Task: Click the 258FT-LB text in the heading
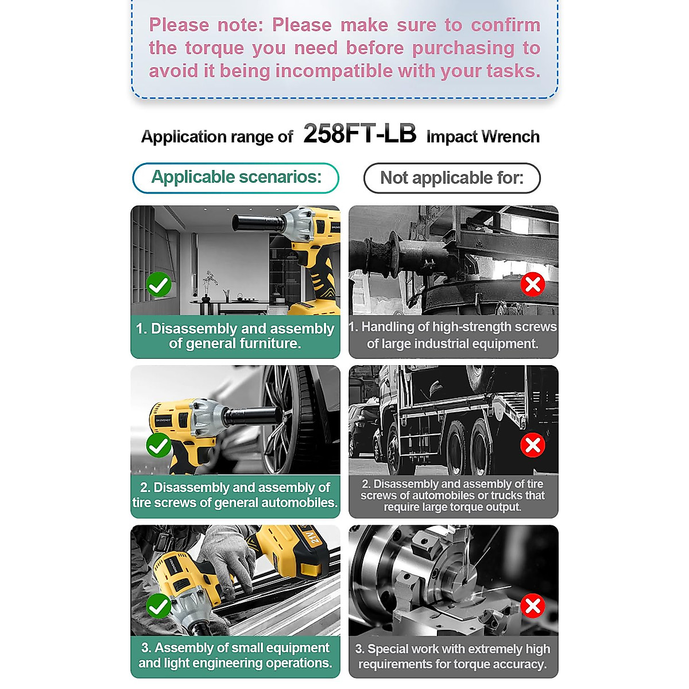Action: pos(359,134)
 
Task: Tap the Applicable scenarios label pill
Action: pos(236,177)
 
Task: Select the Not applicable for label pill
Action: pos(452,178)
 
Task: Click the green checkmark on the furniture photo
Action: pos(158,285)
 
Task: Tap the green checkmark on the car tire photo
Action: pos(158,446)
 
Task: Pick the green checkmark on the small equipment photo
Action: pos(158,606)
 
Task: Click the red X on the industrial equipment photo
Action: pos(533,284)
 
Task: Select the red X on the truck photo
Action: pos(533,445)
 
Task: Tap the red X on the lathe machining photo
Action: pos(533,606)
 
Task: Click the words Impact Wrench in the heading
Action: pos(483,137)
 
